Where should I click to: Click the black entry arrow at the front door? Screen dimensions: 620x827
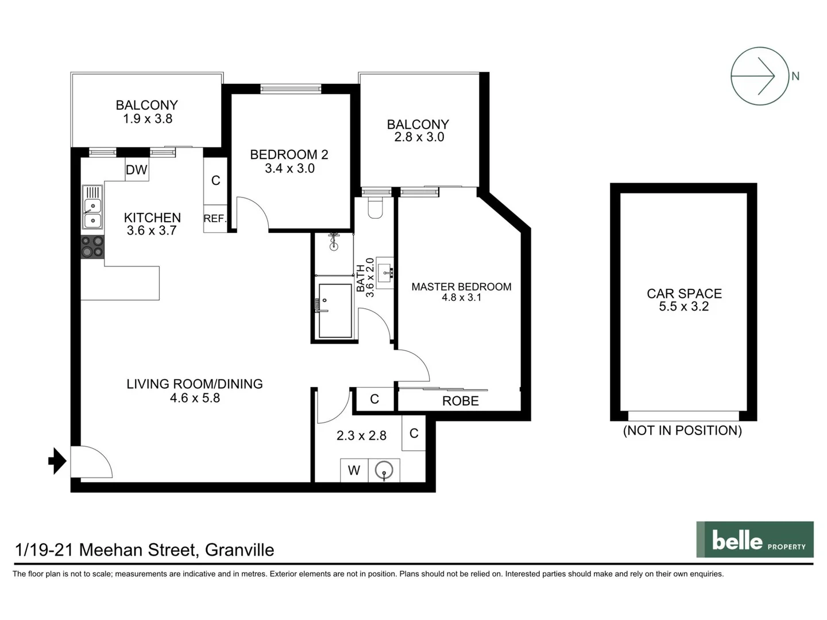(57, 460)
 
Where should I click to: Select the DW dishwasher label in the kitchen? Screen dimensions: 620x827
(137, 170)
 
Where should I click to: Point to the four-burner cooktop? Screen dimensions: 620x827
(92, 247)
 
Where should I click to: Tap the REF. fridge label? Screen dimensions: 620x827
(215, 219)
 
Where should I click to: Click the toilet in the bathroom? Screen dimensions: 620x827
(375, 208)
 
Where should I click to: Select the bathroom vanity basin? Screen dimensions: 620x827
(385, 272)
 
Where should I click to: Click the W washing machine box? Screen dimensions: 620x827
(354, 470)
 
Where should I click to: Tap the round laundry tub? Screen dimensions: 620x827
(384, 471)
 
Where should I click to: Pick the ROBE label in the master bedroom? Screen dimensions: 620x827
(460, 401)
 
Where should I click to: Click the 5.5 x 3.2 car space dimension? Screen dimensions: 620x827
(683, 307)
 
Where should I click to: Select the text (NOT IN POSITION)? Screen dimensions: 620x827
(682, 431)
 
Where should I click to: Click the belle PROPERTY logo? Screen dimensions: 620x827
(755, 540)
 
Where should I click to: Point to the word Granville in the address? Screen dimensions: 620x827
(239, 550)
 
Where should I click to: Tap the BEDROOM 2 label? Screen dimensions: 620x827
(289, 154)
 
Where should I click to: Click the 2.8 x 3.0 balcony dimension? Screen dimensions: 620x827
(419, 137)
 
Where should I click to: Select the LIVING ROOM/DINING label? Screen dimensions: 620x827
(195, 384)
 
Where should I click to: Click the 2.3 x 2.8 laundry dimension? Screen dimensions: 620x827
(361, 436)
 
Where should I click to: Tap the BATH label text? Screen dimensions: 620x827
(361, 278)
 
